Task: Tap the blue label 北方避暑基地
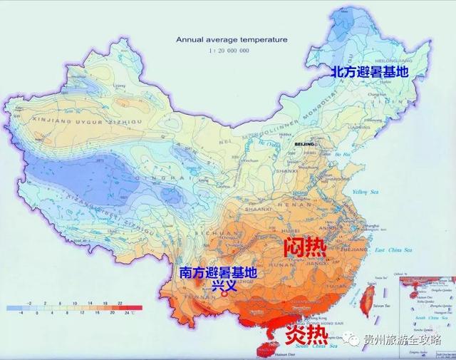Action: tap(369, 72)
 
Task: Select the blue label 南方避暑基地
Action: tap(218, 272)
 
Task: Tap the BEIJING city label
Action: tap(304, 144)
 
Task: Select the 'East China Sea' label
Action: tap(390, 250)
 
